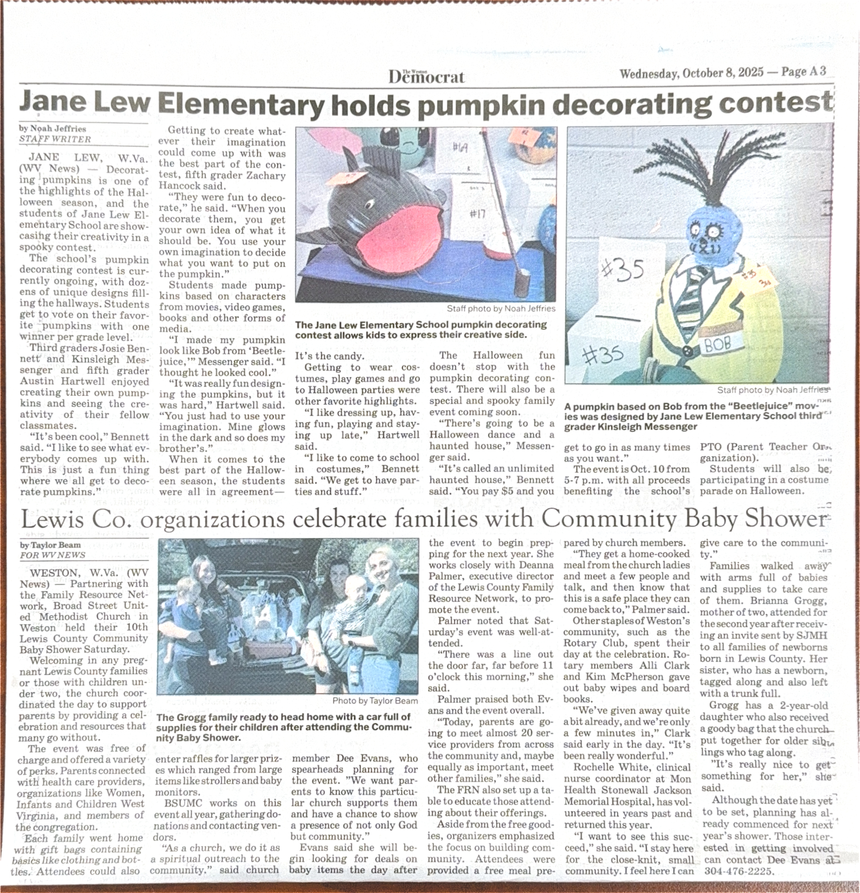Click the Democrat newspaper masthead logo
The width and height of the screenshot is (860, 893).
point(426,76)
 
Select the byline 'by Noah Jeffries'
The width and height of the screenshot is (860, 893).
point(52,129)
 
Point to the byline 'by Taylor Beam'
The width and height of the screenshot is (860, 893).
point(50,545)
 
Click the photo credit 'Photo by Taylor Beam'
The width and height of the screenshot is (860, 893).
point(375,701)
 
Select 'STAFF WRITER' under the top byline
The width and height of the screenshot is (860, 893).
point(55,139)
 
